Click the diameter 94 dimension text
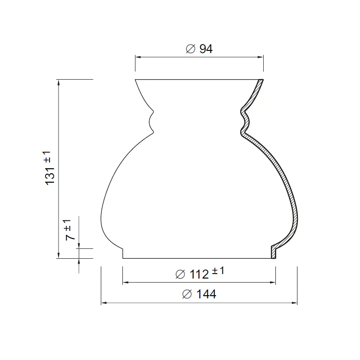[x=199, y=49]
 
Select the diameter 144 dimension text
[x=199, y=294]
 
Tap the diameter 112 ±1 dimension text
[x=199, y=273]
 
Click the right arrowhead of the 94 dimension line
[x=261, y=57]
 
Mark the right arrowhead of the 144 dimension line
[x=295, y=303]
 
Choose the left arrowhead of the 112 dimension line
[x=125, y=282]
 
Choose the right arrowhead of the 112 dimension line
[x=274, y=282]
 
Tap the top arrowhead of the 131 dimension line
[x=58, y=81]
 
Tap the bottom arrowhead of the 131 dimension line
[x=58, y=256]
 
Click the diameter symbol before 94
[x=190, y=49]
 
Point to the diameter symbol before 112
[x=180, y=274]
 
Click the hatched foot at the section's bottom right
[x=273, y=252]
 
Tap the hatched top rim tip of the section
[x=260, y=84]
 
